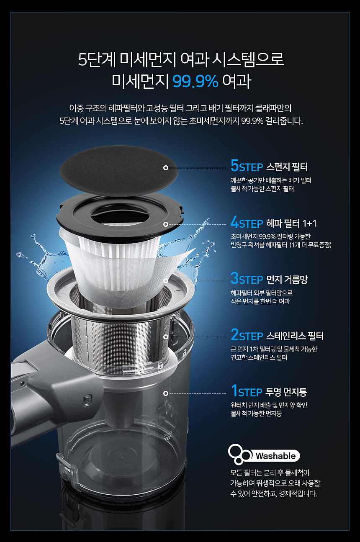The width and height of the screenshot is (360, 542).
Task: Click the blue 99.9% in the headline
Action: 195,81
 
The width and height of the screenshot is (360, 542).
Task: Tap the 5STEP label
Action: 247,166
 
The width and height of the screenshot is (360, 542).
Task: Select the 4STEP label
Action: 247,222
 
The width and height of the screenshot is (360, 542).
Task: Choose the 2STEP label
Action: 247,335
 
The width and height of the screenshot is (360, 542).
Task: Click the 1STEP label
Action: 247,391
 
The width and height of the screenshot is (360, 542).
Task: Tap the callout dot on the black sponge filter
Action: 166,168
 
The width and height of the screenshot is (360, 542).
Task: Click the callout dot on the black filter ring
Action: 166,224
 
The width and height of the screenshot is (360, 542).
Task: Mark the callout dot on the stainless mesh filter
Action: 166,337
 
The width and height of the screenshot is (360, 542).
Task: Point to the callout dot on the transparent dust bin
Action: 166,393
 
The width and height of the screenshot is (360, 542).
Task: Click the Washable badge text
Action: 275,456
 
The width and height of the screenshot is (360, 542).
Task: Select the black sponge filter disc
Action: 119,170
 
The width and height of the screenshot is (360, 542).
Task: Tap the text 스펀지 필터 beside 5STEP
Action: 287,167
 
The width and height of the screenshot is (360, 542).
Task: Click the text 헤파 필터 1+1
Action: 291,223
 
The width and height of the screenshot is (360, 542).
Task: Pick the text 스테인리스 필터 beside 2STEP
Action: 295,336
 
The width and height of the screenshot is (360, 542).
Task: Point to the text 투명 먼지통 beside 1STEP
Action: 286,392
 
